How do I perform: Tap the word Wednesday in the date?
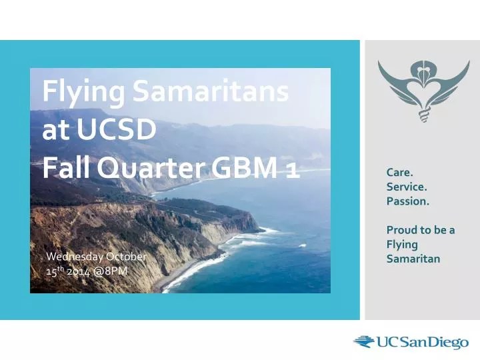coord(75,257)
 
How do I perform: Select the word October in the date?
coord(126,257)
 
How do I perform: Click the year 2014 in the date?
coord(79,271)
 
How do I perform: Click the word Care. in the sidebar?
coord(399,173)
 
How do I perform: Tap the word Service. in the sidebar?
coord(407,187)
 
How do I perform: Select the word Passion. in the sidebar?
coord(408,201)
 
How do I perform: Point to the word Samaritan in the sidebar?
coord(413,259)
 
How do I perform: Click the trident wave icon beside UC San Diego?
coord(364,342)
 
